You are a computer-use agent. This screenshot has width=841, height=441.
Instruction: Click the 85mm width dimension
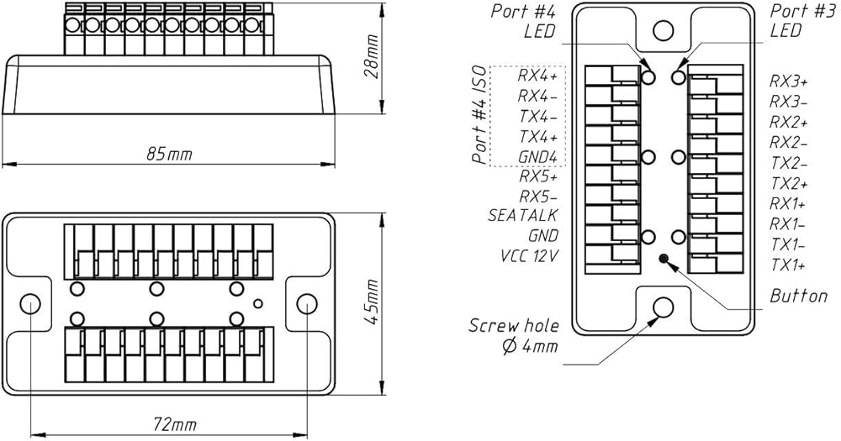(x=169, y=155)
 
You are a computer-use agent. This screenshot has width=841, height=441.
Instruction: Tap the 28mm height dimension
(x=371, y=57)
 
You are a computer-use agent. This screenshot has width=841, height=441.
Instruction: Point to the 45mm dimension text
(x=371, y=302)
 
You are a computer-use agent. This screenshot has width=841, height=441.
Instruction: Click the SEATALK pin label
(x=523, y=215)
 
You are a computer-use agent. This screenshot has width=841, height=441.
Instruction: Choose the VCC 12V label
(x=529, y=256)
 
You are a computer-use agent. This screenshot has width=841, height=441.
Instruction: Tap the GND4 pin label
(x=538, y=157)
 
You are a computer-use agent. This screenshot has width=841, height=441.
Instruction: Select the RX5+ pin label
(x=538, y=176)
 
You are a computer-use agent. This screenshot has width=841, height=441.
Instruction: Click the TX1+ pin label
(x=789, y=265)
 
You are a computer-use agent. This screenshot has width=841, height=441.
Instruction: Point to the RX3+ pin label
(x=789, y=81)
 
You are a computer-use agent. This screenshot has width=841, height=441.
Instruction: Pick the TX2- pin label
(x=789, y=163)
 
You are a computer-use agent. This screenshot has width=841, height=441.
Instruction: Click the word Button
(x=799, y=296)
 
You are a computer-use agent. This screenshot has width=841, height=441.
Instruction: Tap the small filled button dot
(x=664, y=259)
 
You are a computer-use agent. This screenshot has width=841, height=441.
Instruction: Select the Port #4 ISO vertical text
(x=480, y=115)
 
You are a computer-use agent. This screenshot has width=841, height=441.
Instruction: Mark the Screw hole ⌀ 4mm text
(x=514, y=336)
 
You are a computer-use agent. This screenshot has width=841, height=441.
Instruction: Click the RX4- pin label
(x=538, y=96)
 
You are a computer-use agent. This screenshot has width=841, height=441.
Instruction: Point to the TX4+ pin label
(x=538, y=137)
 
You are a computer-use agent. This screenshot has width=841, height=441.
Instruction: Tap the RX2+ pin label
(x=789, y=122)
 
